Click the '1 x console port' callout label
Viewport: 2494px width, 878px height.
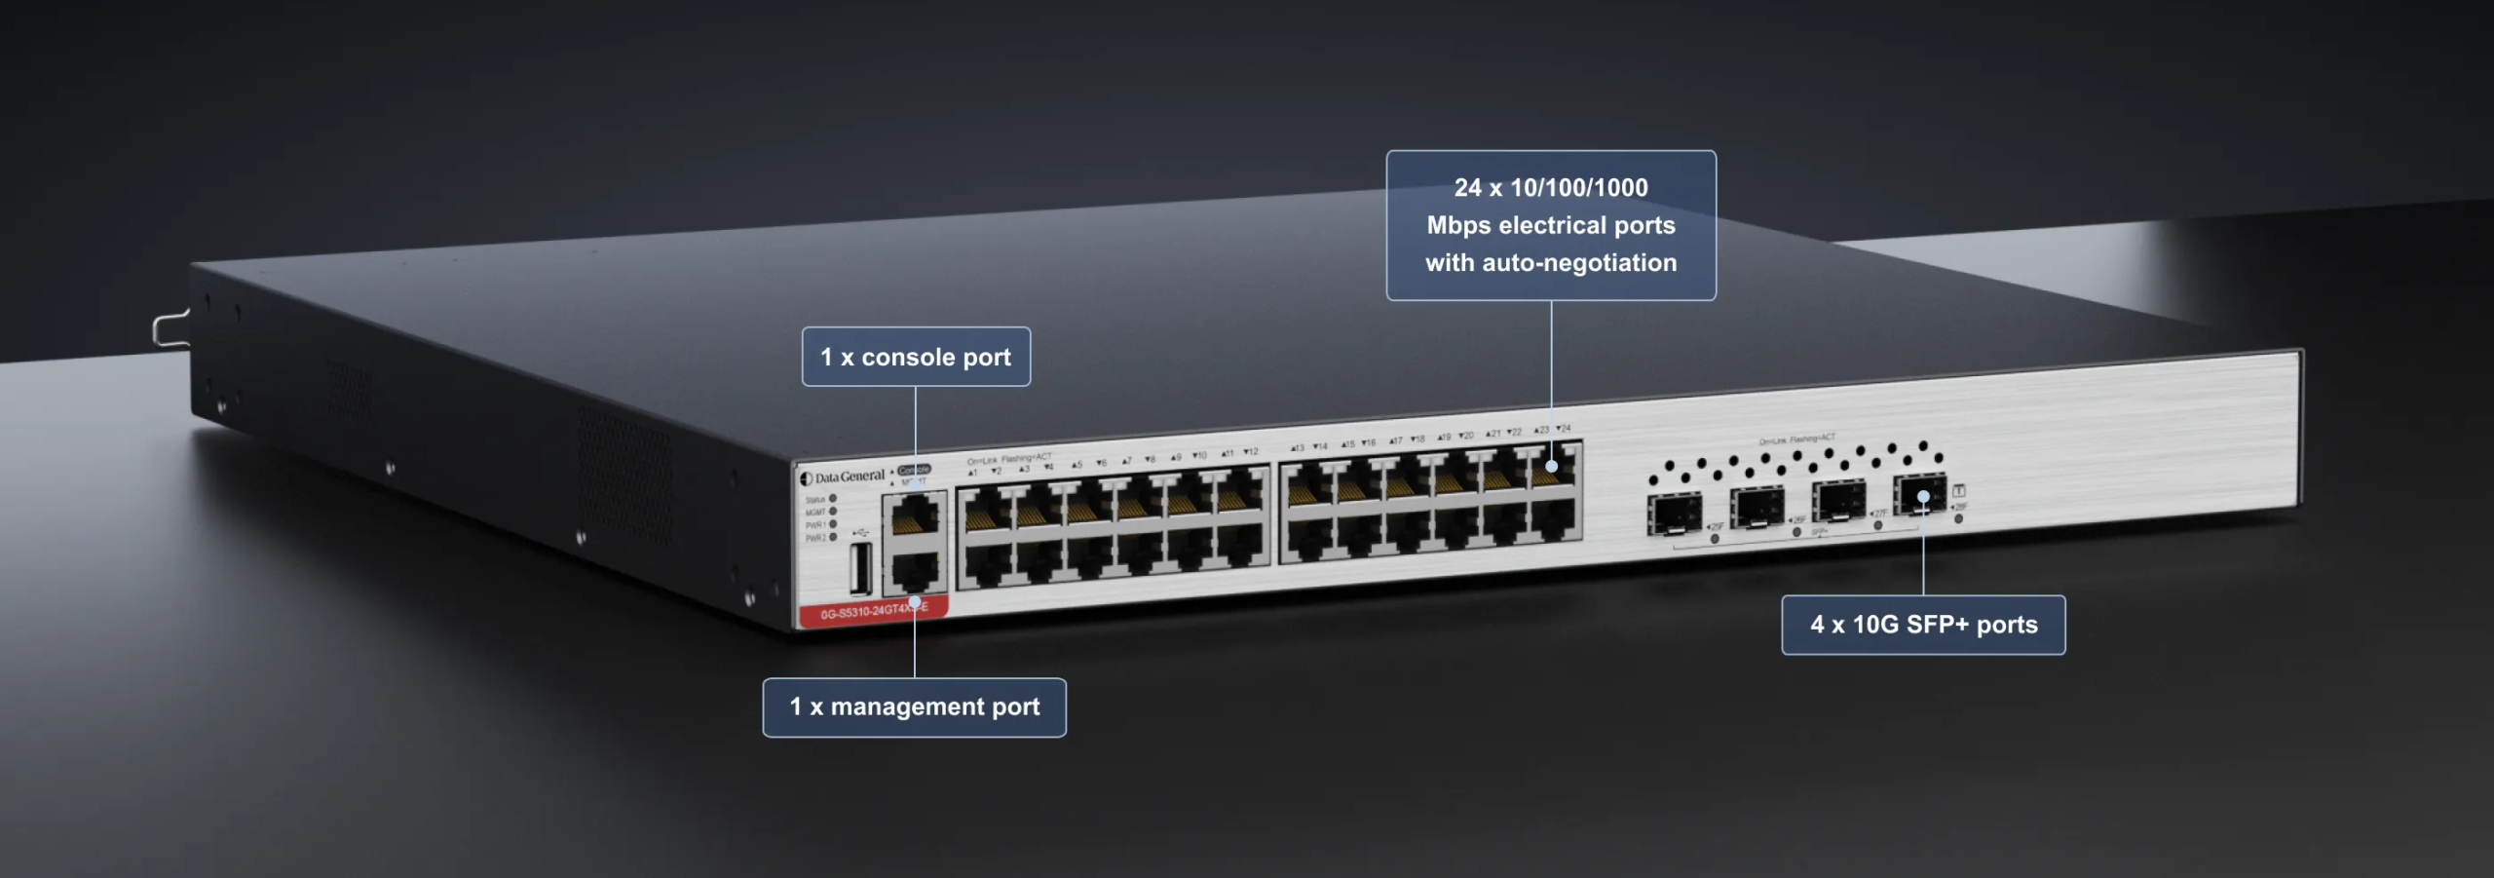[916, 357]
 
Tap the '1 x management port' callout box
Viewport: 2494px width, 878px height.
[914, 707]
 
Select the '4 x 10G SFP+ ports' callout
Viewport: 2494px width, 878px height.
[1923, 625]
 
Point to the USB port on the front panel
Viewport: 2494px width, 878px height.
[860, 569]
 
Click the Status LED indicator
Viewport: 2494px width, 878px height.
[833, 499]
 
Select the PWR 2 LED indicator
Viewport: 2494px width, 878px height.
[833, 537]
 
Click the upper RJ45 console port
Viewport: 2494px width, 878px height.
[914, 514]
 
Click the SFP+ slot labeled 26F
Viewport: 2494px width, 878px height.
[1757, 508]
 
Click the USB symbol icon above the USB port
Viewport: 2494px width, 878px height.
[859, 532]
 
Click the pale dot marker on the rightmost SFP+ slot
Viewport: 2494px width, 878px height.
[1923, 497]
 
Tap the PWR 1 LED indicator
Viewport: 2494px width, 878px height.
[833, 524]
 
